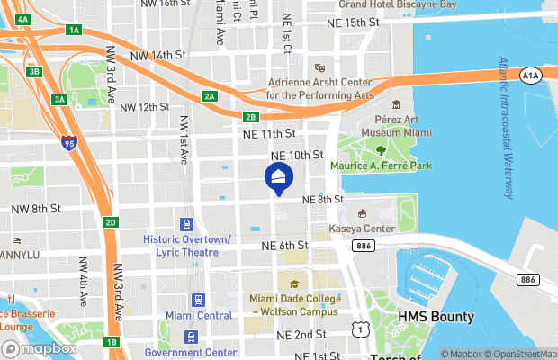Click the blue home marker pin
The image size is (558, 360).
pyautogui.click(x=278, y=178)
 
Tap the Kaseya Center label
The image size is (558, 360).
pyautogui.click(x=370, y=229)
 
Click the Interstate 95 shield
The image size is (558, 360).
pyautogui.click(x=69, y=142)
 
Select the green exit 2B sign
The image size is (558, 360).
pyautogui.click(x=251, y=116)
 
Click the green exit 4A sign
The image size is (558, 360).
pyautogui.click(x=23, y=18)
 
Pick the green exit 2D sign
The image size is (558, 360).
pyautogui.click(x=110, y=222)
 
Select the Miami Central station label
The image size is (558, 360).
pyautogui.click(x=199, y=316)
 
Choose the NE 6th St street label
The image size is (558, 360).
pyautogui.click(x=284, y=245)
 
